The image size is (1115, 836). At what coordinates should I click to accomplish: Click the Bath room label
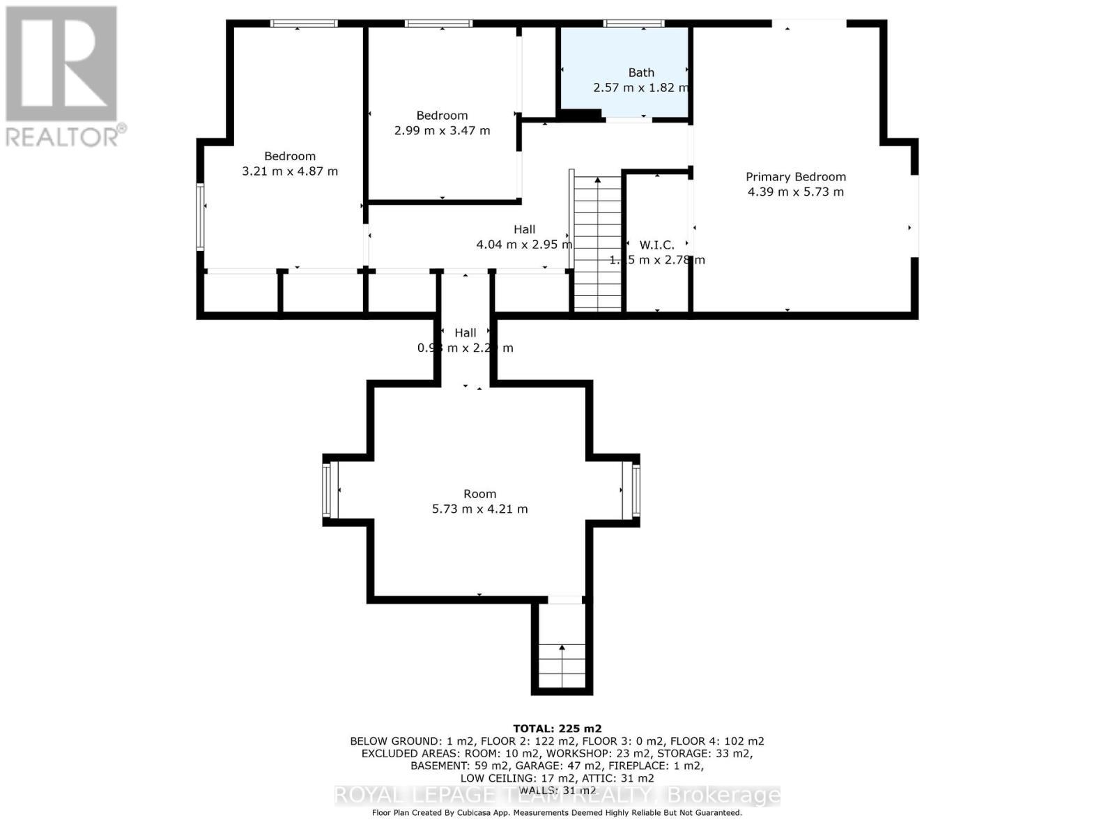coord(641,72)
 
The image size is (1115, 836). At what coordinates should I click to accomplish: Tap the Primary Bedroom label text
coord(796,177)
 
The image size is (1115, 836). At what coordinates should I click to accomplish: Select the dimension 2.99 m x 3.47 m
coord(442,130)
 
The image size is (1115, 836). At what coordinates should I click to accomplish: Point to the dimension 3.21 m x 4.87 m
coord(290,171)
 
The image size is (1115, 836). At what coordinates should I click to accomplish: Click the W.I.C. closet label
coord(656,245)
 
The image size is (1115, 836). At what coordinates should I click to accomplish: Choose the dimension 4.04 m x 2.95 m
coord(524,245)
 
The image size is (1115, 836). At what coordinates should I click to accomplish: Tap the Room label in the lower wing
coord(479,494)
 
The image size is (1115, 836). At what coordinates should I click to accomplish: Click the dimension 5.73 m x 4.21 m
coord(479,509)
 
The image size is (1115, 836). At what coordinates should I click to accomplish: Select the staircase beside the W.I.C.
coord(597,244)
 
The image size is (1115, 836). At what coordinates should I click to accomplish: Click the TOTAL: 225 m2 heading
coord(557,729)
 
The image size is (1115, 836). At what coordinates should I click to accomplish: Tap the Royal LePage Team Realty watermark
coord(557,795)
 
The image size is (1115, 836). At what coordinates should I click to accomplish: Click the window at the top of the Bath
coord(633,24)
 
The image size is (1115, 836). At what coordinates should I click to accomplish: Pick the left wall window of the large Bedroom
coord(201,216)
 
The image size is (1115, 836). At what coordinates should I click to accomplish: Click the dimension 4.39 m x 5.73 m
coord(796,192)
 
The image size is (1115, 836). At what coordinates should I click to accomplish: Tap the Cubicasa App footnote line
coord(557,813)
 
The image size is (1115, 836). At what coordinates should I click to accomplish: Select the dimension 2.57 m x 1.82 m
coord(641,88)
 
